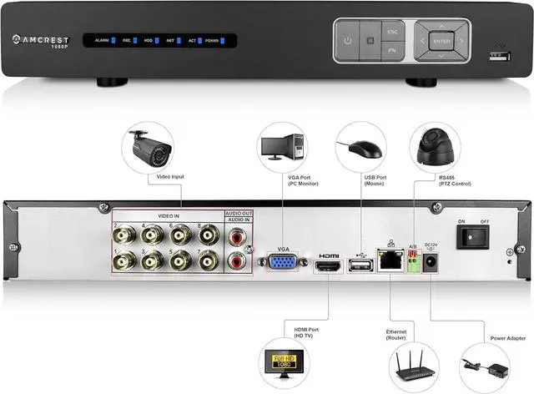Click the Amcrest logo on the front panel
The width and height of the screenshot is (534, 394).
tap(49, 38)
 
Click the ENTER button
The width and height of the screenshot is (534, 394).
tap(442, 40)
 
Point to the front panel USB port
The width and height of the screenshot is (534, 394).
tap(500, 55)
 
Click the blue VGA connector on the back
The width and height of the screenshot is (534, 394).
tap(280, 264)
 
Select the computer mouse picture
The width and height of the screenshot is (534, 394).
tap(361, 149)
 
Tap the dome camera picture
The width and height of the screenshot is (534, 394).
tap(437, 148)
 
